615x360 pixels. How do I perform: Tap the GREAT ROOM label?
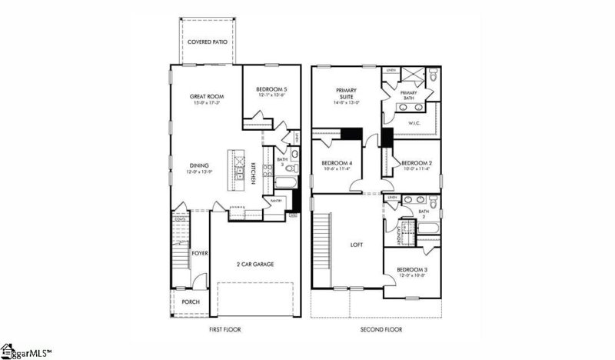pyautogui.click(x=207, y=97)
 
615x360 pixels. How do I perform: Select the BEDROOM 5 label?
pyautogui.click(x=272, y=90)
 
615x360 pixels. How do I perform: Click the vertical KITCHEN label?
pyautogui.click(x=251, y=174)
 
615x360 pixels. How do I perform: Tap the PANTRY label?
pyautogui.click(x=276, y=201)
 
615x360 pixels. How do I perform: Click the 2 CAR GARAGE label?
pyautogui.click(x=255, y=264)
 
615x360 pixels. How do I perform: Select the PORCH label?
pyautogui.click(x=190, y=302)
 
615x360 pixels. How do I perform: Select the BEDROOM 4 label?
pyautogui.click(x=337, y=163)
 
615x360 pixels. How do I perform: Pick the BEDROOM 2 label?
pyautogui.click(x=417, y=163)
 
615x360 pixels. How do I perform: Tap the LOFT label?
pyautogui.click(x=357, y=245)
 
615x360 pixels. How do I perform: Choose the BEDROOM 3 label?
pyautogui.click(x=413, y=269)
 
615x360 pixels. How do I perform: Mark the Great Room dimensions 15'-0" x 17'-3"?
pyautogui.click(x=207, y=103)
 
